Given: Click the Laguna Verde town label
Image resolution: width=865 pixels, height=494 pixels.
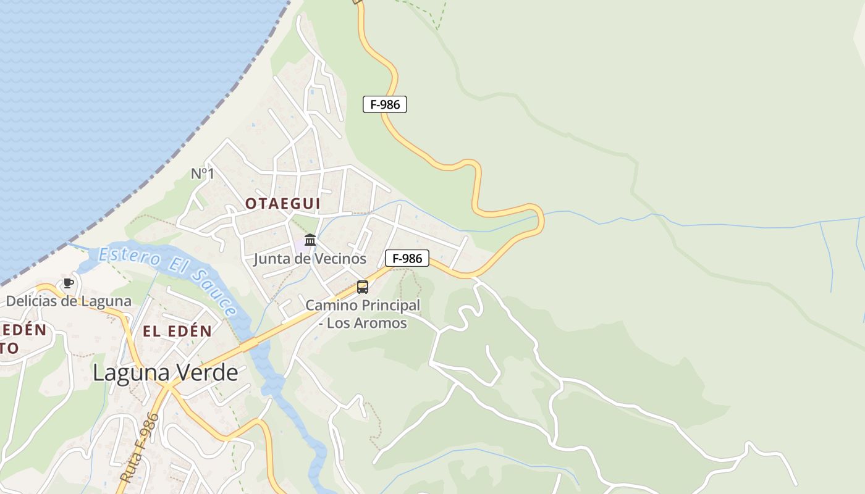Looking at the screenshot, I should tap(166, 373).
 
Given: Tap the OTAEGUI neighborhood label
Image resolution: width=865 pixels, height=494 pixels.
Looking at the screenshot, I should tap(282, 203).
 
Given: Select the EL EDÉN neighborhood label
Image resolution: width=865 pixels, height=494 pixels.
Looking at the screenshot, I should tap(177, 331).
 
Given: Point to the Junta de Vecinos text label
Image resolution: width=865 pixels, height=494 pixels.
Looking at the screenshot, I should tap(310, 259).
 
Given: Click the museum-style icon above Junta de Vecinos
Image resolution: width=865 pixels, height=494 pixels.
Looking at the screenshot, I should tap(310, 240).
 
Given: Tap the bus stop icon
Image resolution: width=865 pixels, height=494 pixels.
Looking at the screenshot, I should tap(363, 287).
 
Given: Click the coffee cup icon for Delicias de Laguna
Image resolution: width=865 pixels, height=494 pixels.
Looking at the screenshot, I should tap(69, 283).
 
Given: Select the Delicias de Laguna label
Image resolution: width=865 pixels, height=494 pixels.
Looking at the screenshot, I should tap(69, 301).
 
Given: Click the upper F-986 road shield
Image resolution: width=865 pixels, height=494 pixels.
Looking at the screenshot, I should tap(385, 104).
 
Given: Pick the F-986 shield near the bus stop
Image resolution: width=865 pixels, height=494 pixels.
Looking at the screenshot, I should tap(407, 258).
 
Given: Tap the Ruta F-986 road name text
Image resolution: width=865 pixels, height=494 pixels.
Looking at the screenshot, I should tap(140, 447).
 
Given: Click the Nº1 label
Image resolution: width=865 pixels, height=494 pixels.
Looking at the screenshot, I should tap(203, 174).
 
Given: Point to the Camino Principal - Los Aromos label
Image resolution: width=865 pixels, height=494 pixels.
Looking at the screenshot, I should tap(363, 314).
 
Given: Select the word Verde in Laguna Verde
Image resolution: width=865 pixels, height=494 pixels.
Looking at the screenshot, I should tap(206, 373).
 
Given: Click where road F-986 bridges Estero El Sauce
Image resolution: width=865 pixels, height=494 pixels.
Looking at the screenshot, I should tap(250, 343).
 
